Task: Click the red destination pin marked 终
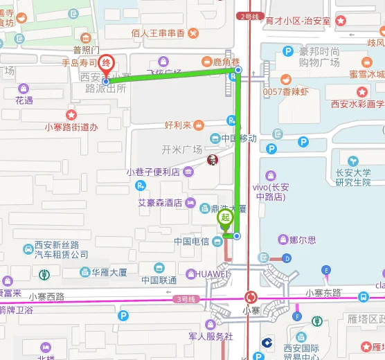[105, 64]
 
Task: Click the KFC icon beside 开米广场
[213, 160]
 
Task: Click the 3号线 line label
[186, 298]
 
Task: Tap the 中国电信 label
[192, 241]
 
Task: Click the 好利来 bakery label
[178, 125]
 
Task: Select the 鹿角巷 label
[226, 62]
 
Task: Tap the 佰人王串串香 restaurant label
[159, 33]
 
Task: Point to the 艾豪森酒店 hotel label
[160, 203]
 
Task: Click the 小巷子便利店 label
[152, 172]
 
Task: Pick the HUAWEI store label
[212, 274]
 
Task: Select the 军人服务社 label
[211, 336]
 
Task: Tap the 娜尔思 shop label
[303, 240]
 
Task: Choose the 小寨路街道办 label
[71, 127]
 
